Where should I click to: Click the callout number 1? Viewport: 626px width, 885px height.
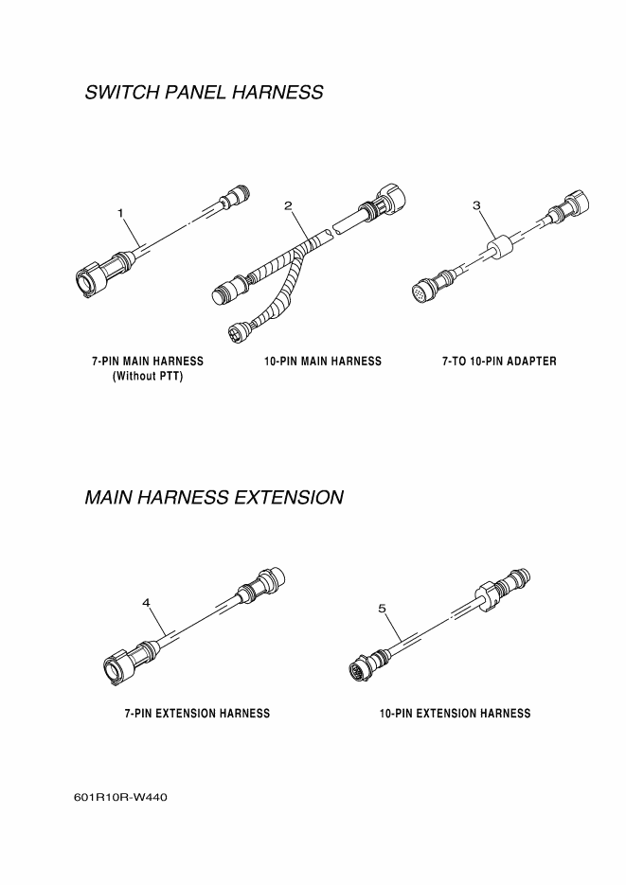tap(121, 214)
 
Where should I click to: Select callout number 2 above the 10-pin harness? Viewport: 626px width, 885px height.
tap(287, 205)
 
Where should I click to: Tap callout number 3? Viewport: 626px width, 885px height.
tap(476, 204)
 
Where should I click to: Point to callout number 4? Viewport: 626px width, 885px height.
tap(146, 602)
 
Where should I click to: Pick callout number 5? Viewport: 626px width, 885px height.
tap(383, 609)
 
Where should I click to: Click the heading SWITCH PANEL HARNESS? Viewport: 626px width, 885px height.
tap(204, 93)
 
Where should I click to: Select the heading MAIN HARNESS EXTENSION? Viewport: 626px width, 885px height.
tap(214, 497)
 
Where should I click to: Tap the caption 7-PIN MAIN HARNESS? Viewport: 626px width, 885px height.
tap(148, 362)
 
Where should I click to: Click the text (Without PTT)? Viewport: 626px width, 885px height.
tap(148, 377)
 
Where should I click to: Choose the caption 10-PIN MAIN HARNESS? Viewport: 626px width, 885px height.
tap(323, 362)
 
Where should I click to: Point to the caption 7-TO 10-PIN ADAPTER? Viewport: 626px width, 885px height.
tap(499, 362)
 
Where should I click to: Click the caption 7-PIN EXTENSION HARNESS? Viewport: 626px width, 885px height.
tap(197, 714)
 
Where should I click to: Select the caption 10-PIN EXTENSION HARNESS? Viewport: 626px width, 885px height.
tap(455, 714)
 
